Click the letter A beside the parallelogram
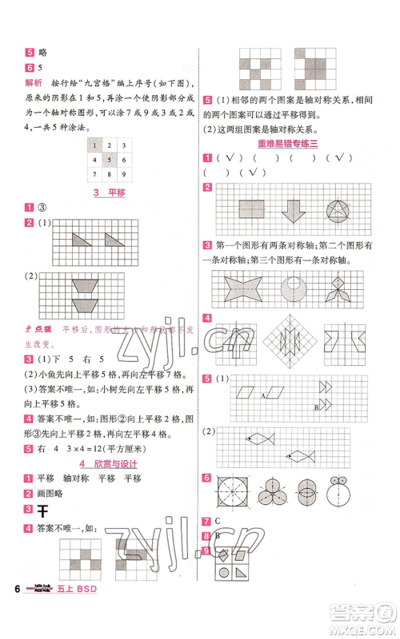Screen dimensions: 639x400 [x=262, y=395]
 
